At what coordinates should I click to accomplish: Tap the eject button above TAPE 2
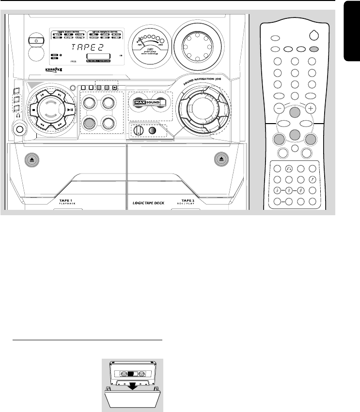(221, 158)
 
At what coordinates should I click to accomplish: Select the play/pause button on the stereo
(69, 110)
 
